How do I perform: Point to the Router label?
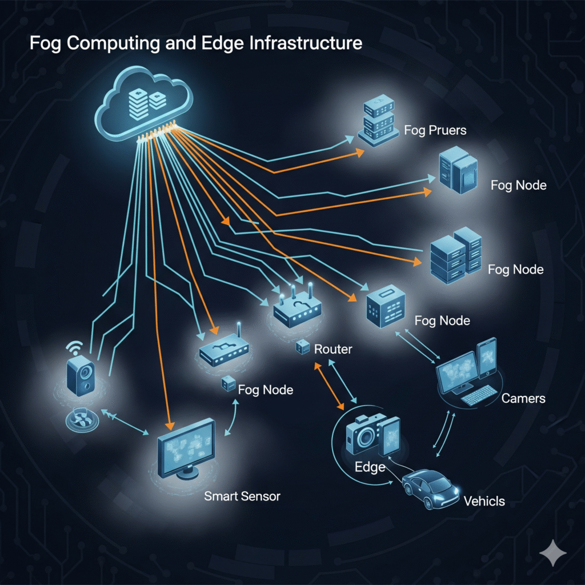tap(333, 349)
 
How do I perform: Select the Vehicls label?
tap(484, 501)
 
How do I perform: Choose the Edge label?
tap(370, 467)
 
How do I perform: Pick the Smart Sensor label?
tap(242, 496)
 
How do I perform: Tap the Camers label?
tap(523, 398)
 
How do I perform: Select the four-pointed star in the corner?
tap(553, 554)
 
